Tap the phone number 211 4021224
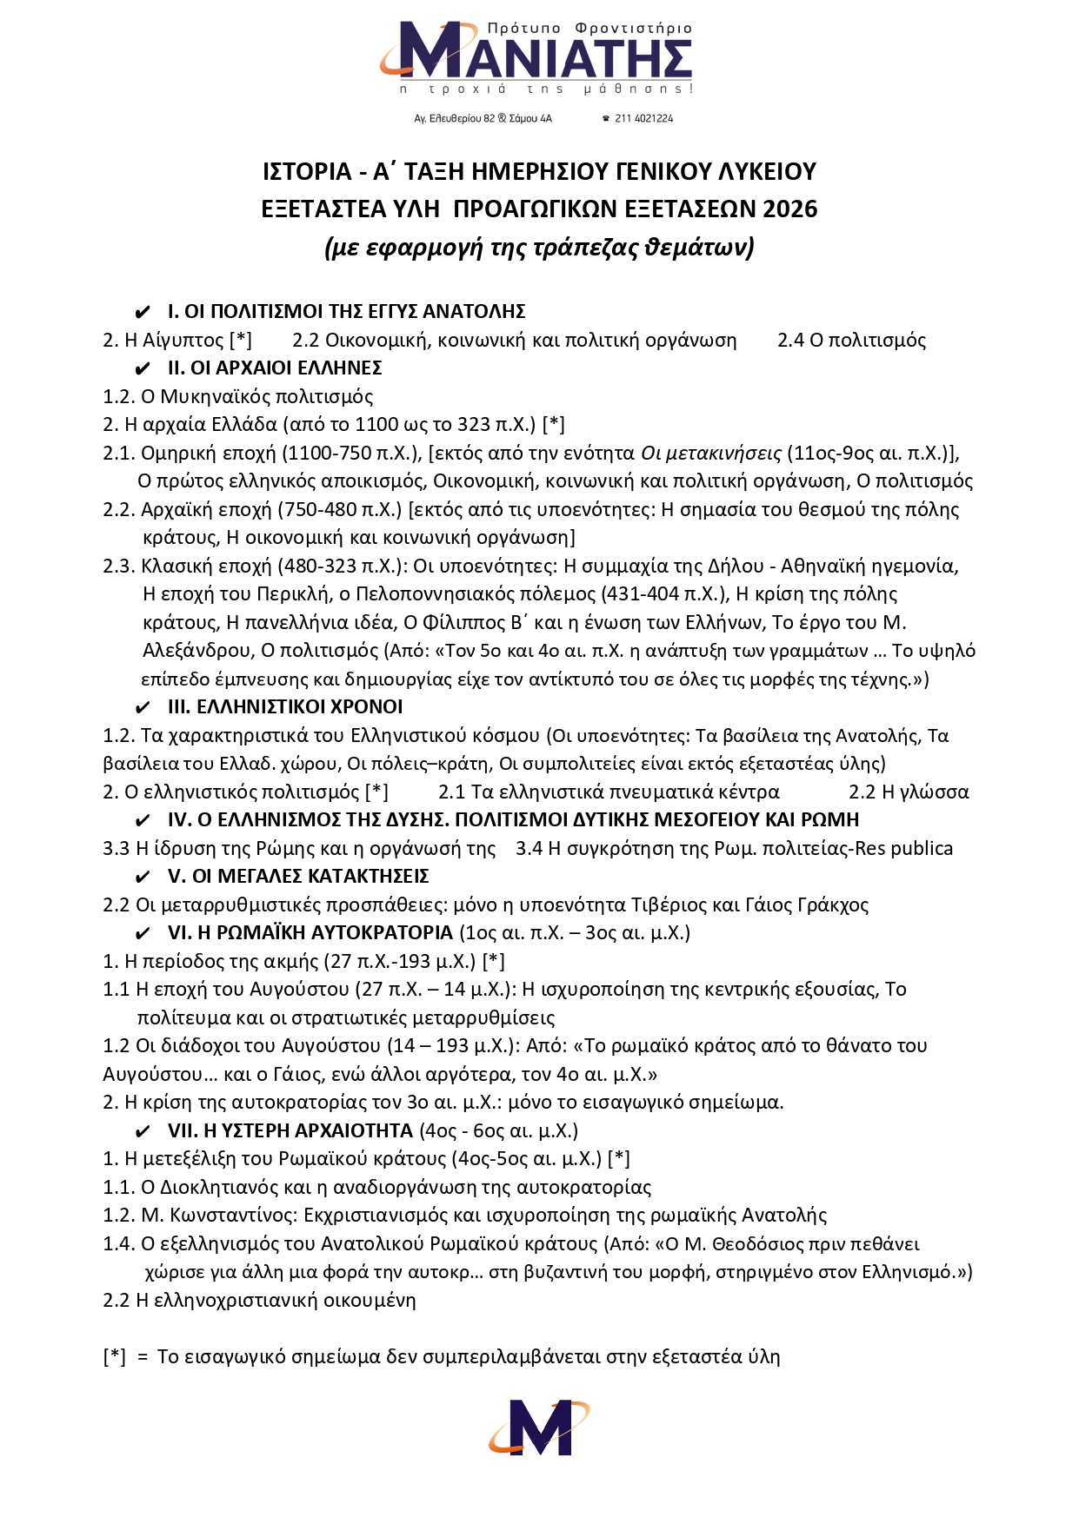(643, 118)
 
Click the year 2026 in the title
(790, 209)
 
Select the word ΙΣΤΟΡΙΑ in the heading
(307, 172)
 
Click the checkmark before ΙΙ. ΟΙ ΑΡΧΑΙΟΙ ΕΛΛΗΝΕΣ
(143, 369)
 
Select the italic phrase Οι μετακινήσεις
(710, 454)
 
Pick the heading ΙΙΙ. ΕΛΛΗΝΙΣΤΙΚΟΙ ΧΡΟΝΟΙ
(285, 707)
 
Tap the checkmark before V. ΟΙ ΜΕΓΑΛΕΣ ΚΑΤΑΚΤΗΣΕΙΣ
(143, 878)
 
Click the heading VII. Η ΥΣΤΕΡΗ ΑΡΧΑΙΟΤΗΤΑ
(290, 1131)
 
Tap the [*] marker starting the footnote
(115, 1357)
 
